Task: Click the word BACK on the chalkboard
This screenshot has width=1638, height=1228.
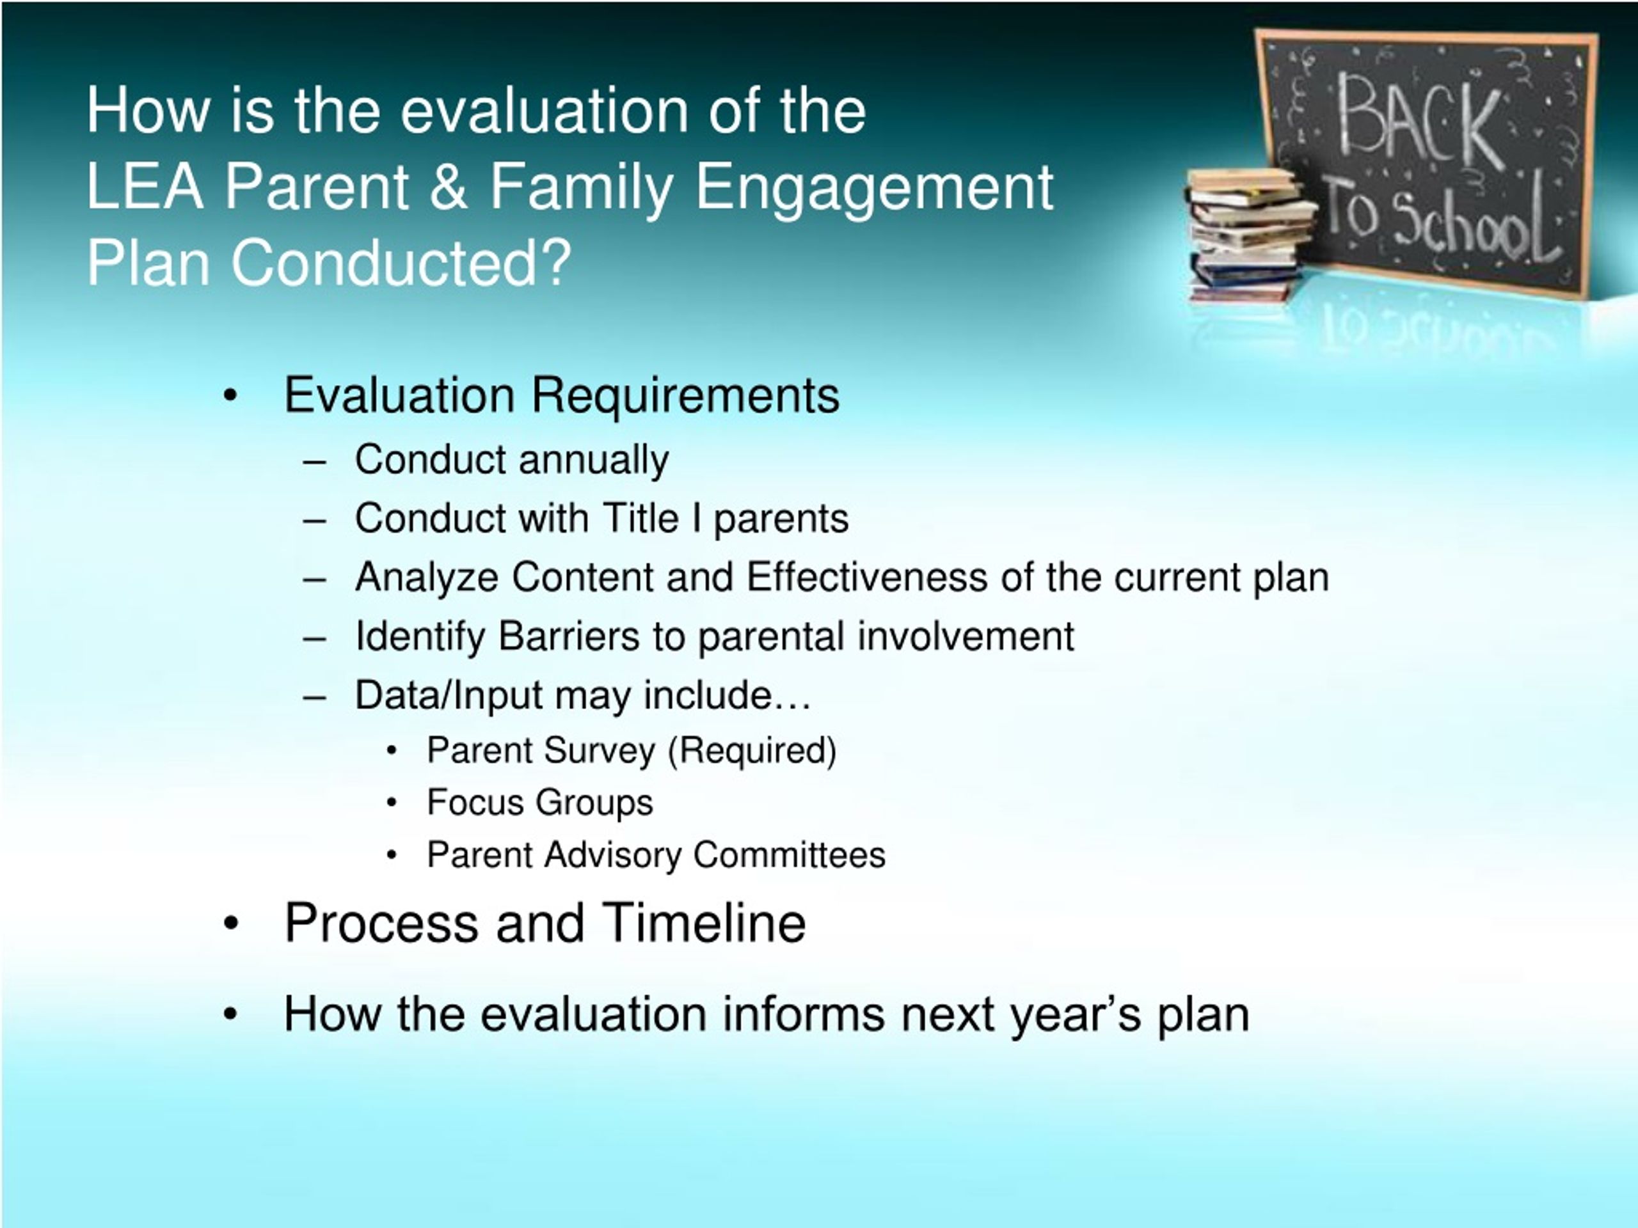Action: [1420, 118]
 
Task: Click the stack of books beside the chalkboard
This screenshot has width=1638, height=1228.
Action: [1248, 234]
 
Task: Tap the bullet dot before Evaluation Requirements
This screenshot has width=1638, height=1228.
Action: [230, 396]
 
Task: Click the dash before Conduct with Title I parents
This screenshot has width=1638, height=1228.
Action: [315, 521]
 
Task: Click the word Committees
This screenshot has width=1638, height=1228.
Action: [790, 855]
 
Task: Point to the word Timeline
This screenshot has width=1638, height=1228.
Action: [703, 923]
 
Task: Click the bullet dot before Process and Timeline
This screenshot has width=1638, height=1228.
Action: [231, 924]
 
